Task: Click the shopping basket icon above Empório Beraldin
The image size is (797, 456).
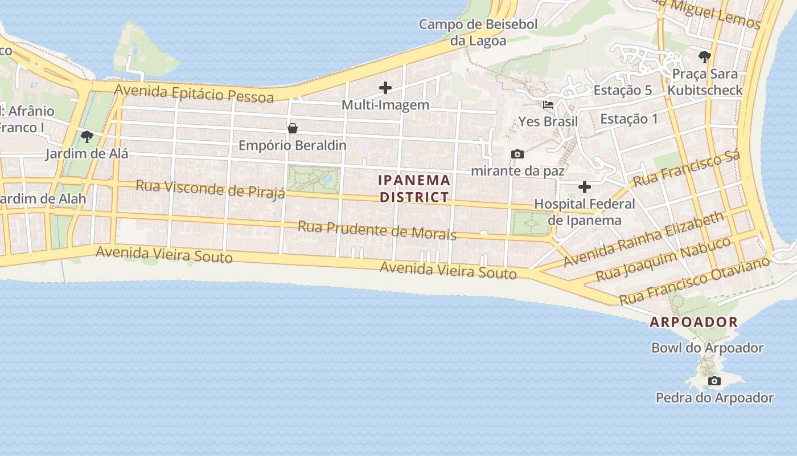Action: [x=293, y=128]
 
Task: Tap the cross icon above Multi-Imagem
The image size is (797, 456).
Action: [x=385, y=88]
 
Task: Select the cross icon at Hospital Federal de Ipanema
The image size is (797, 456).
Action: [x=585, y=187]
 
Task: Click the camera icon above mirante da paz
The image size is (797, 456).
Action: [x=517, y=154]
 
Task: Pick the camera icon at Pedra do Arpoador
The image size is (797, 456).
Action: [x=714, y=381]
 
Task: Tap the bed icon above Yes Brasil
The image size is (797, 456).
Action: [x=548, y=105]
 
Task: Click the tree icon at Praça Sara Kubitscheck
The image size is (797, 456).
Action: [x=705, y=57]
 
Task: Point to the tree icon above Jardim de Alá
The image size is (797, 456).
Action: [x=87, y=137]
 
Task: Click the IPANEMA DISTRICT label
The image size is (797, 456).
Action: [x=414, y=189]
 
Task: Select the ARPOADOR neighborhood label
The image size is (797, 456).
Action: [x=694, y=322]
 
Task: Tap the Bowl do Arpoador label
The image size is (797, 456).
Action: [x=707, y=348]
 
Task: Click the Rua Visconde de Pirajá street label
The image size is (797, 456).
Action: [x=210, y=189]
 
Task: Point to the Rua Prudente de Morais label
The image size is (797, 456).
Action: [x=377, y=230]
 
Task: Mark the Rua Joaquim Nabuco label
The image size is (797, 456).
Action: [x=663, y=259]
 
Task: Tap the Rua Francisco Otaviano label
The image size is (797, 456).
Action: [x=695, y=280]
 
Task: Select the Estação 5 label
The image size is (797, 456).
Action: [x=623, y=90]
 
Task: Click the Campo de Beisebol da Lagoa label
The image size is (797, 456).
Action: [x=478, y=32]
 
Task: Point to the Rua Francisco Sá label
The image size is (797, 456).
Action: [x=686, y=169]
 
